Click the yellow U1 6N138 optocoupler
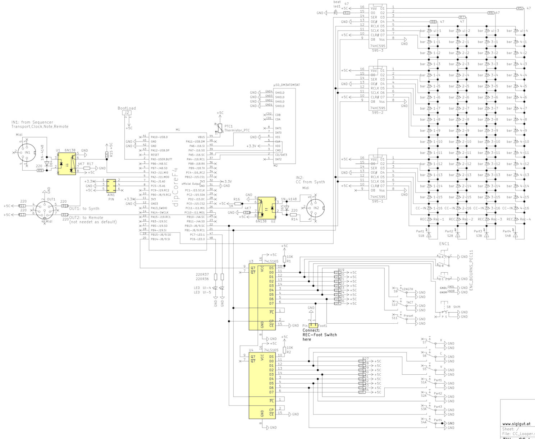click(x=67, y=163)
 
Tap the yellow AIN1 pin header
click(x=111, y=186)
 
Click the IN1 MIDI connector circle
click(x=27, y=152)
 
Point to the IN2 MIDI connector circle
click(x=315, y=208)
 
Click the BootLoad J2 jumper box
click(x=127, y=113)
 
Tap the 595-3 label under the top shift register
click(x=378, y=51)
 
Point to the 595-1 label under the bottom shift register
click(x=378, y=201)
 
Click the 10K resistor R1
click(x=284, y=259)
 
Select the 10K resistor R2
click(x=284, y=350)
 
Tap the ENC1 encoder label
click(x=444, y=244)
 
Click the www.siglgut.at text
click(x=516, y=424)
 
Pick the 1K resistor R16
click(x=238, y=204)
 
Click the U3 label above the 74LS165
click(x=251, y=262)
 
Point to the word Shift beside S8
click(x=457, y=307)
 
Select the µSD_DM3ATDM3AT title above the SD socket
click(x=287, y=85)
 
